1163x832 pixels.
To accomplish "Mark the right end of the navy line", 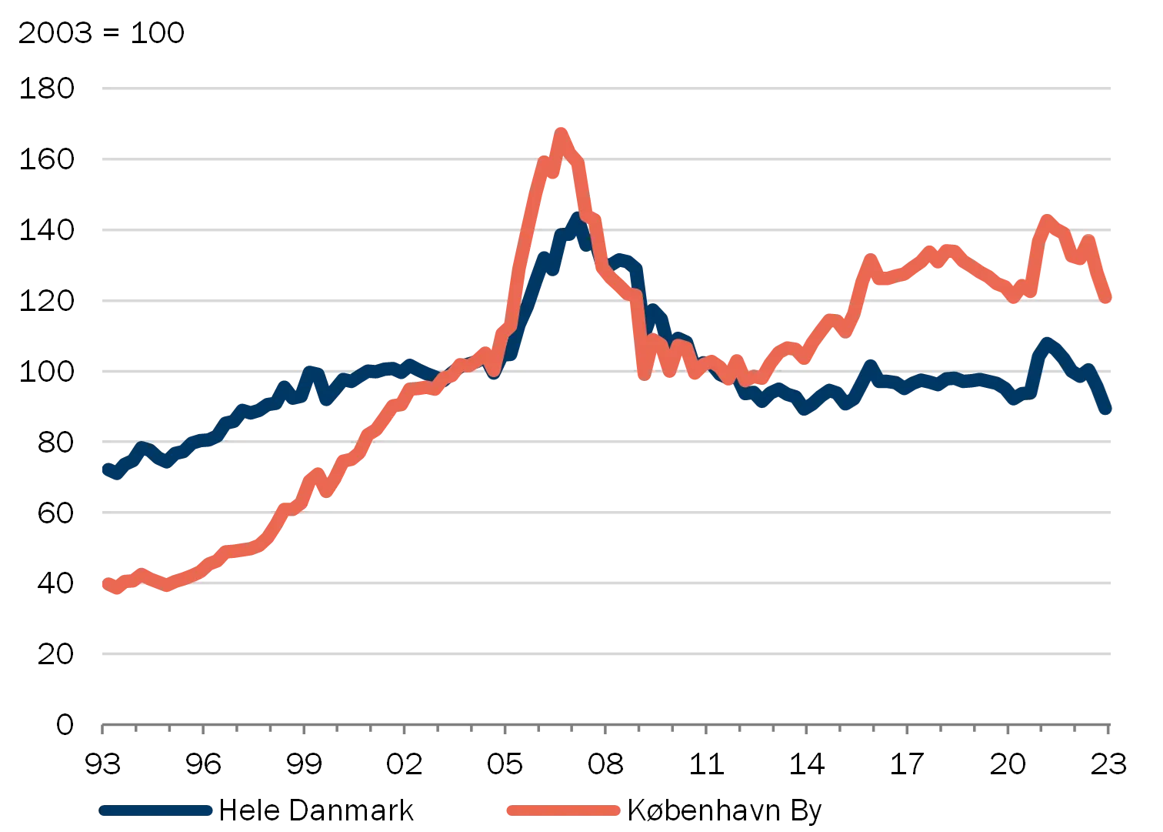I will coord(1107,409).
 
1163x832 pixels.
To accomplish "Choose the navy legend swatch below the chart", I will coord(156,810).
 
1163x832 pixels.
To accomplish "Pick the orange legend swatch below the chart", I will coord(563,810).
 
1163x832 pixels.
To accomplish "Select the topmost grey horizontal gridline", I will coord(606,89).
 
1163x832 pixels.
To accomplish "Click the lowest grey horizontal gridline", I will coord(606,653).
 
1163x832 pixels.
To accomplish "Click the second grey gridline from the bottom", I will coord(606,583).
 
